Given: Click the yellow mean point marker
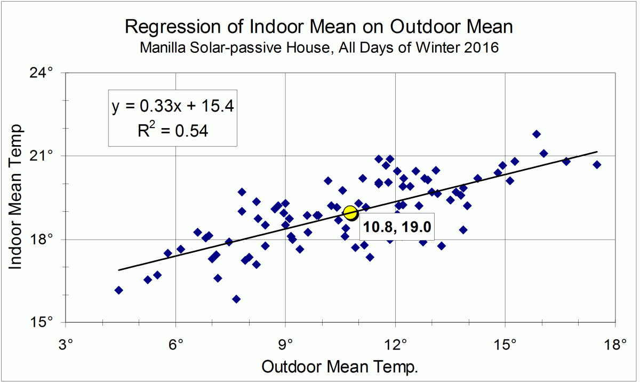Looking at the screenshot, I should pos(350,213).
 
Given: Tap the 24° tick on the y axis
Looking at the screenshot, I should pos(46,73).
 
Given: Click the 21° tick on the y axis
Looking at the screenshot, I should pos(46,156).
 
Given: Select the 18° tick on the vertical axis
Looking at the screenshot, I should pos(46,239).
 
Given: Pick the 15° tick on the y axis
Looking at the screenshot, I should pos(46,322).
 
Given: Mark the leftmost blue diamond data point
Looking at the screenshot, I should pos(118,290).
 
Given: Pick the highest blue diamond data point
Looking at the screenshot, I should pos(537,134).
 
